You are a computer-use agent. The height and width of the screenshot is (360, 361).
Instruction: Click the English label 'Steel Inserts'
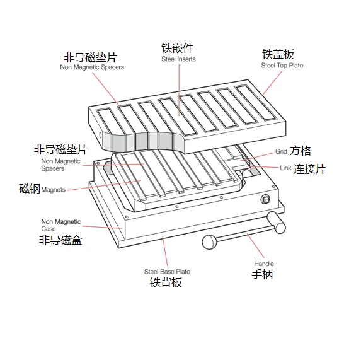click(178, 59)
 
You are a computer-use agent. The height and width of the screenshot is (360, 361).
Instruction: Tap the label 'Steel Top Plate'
click(282, 66)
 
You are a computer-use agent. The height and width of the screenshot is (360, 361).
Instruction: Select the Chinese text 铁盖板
click(278, 54)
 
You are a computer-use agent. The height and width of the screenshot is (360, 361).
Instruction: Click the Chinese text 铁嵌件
click(177, 48)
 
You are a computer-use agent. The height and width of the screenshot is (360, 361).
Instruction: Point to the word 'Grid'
click(281, 151)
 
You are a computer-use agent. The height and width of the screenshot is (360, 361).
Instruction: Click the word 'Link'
click(286, 168)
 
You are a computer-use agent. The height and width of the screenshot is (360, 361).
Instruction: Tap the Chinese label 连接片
click(309, 169)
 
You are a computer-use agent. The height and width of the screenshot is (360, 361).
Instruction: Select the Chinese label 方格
click(301, 151)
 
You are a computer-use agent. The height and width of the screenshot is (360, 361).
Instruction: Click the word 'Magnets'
click(54, 190)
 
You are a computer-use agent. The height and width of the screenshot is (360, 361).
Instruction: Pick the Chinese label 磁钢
click(30, 189)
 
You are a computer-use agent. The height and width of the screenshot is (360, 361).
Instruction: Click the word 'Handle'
click(264, 264)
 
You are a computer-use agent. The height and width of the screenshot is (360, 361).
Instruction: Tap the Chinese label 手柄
click(262, 274)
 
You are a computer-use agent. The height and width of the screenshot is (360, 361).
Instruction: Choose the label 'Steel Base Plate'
click(167, 272)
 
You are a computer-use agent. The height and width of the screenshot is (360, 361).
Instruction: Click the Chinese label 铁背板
click(166, 282)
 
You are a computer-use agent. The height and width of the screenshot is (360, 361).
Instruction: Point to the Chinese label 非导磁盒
click(60, 240)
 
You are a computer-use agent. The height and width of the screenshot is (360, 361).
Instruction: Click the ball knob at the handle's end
click(210, 242)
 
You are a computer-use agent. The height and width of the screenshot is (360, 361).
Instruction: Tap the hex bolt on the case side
click(265, 199)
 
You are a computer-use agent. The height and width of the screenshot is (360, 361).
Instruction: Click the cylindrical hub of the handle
click(277, 223)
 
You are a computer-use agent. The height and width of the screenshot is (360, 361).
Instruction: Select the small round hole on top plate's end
click(100, 135)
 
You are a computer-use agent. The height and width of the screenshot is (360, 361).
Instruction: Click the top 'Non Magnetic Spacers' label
click(92, 67)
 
